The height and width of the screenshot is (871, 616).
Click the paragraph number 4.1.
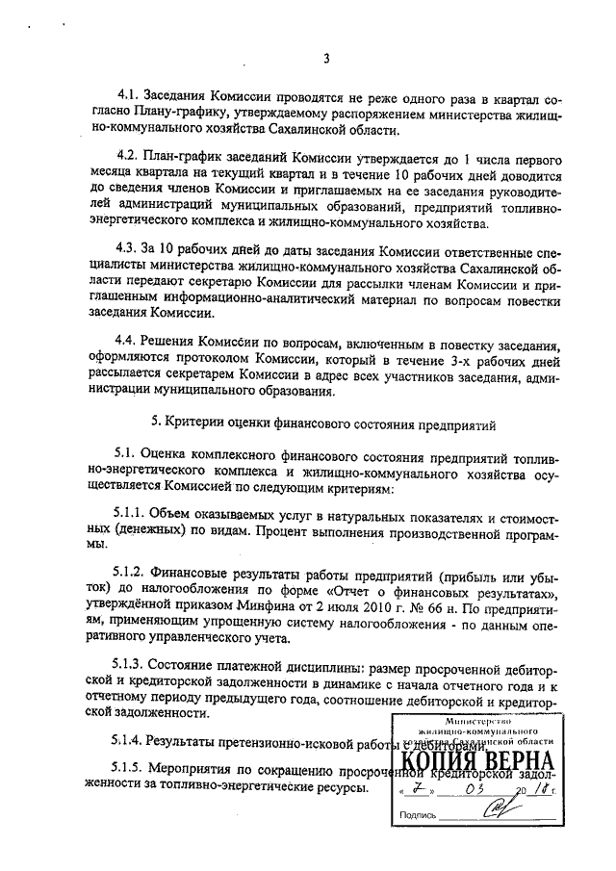click(127, 97)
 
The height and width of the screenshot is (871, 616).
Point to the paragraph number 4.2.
click(127, 155)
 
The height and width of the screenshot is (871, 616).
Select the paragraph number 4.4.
click(127, 340)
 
